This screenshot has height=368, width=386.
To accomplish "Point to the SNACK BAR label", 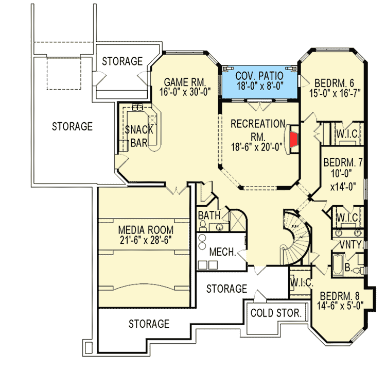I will pyautogui.click(x=135, y=136).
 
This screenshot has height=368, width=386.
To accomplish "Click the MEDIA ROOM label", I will pyautogui.click(x=146, y=229).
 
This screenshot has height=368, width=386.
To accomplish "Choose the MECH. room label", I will pyautogui.click(x=222, y=253).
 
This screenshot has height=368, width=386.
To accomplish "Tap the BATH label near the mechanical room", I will pyautogui.click(x=209, y=215).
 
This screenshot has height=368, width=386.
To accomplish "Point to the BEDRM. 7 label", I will pyautogui.click(x=343, y=163).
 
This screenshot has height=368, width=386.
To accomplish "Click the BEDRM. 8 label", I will pyautogui.click(x=340, y=297).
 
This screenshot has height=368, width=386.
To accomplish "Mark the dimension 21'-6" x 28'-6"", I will pyautogui.click(x=146, y=241).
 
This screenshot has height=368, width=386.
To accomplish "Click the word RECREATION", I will pyautogui.click(x=257, y=124).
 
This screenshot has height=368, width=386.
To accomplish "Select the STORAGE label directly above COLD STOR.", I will pyautogui.click(x=227, y=289).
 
